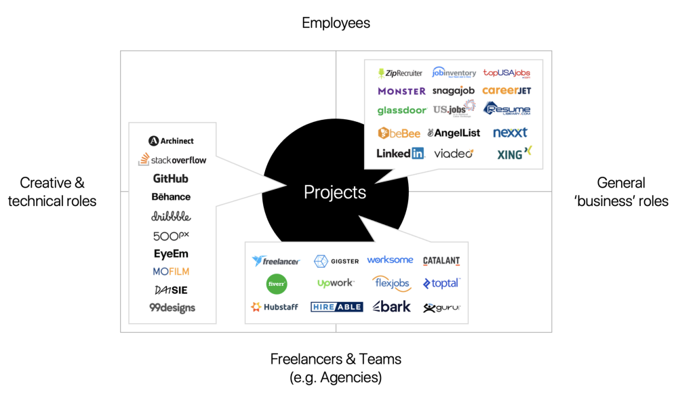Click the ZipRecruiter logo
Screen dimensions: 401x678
pyautogui.click(x=400, y=73)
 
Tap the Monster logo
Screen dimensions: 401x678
pyautogui.click(x=401, y=91)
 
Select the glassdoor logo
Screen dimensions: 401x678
pyautogui.click(x=401, y=110)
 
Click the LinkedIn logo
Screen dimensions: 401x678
pyautogui.click(x=400, y=153)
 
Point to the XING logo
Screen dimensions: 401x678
pyautogui.click(x=514, y=154)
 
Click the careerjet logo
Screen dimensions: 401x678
pyautogui.click(x=506, y=91)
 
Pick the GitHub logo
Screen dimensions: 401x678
pyautogui.click(x=171, y=179)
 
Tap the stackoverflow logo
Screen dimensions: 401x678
pyautogui.click(x=172, y=161)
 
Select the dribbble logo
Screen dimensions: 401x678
pyautogui.click(x=171, y=217)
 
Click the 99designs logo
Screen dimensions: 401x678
pyautogui.click(x=172, y=308)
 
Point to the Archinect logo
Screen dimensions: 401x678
pyautogui.click(x=172, y=141)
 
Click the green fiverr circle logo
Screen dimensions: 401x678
pyautogui.click(x=277, y=284)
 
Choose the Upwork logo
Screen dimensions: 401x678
pyautogui.click(x=336, y=283)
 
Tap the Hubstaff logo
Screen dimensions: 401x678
pyautogui.click(x=275, y=307)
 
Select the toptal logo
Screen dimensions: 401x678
pyautogui.click(x=441, y=283)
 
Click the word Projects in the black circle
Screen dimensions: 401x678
pyautogui.click(x=335, y=192)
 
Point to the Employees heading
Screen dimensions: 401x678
pyautogui.click(x=336, y=23)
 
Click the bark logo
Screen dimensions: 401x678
pyautogui.click(x=392, y=306)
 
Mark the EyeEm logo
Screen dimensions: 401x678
pyautogui.click(x=171, y=254)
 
